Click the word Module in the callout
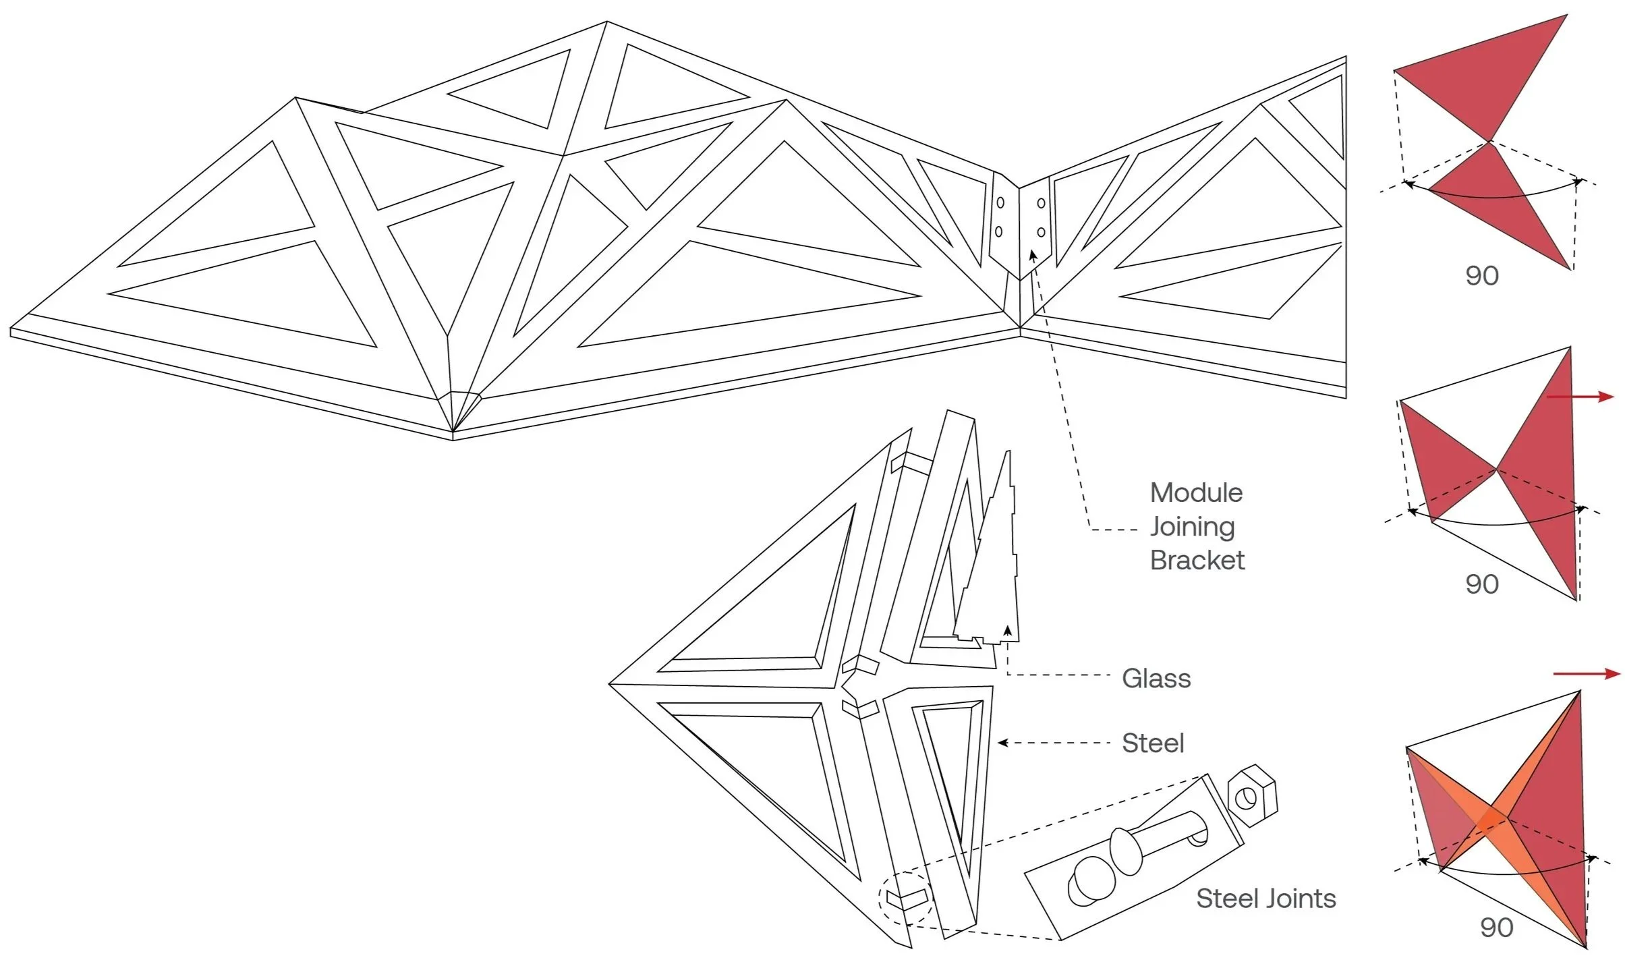point(1196,493)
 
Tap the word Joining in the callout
point(1192,527)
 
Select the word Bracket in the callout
point(1197,561)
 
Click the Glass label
point(1156,679)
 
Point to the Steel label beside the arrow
point(1153,743)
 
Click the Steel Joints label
point(1265,899)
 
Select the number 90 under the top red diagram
point(1482,276)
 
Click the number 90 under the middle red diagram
point(1482,584)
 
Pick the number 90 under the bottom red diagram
point(1497,928)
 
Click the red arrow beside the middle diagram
point(1579,397)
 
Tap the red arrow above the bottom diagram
point(1586,673)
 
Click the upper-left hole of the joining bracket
point(1000,202)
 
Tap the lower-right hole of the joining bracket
point(1041,232)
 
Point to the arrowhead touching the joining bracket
point(1032,255)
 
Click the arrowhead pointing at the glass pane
point(1008,631)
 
